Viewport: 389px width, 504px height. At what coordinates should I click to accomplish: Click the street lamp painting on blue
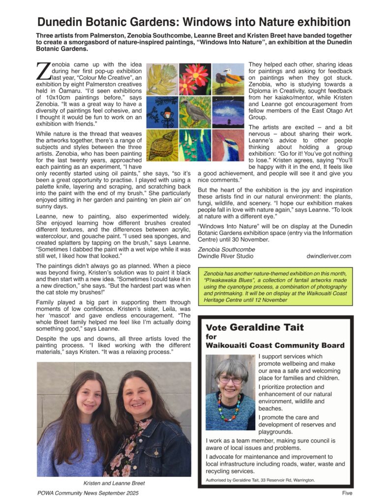point(162,112)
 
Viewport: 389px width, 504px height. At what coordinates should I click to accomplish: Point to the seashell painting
point(162,145)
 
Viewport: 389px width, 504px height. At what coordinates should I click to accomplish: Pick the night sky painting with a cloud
point(228,112)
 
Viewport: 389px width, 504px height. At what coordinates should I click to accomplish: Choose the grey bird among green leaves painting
point(195,112)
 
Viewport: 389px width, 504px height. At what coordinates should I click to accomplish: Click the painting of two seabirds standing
point(228,79)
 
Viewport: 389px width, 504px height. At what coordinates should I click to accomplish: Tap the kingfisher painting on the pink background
point(228,145)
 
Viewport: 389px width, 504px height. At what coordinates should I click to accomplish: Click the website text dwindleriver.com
point(329,256)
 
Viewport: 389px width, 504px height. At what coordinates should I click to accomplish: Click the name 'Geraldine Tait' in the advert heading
point(267,327)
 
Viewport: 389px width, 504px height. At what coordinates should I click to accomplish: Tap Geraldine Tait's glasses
point(231,380)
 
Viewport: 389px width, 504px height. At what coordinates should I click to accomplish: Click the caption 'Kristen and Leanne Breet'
point(114,483)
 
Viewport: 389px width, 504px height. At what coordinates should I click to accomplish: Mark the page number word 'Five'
point(348,493)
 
